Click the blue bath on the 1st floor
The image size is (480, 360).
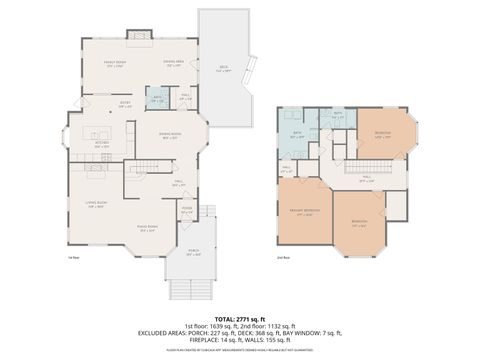156,99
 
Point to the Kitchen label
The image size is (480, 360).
101,144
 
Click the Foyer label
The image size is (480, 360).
186,211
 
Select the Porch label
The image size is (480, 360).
194,253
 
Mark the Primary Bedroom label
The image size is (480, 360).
305,212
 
